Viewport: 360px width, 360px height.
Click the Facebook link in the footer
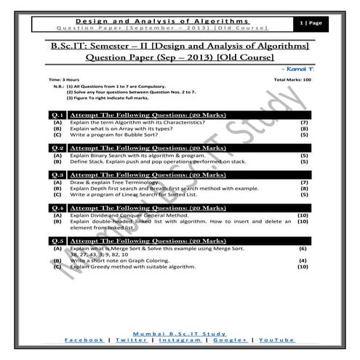click(x=84, y=340)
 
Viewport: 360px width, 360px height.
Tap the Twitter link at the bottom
click(x=131, y=340)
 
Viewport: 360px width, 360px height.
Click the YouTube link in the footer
click(x=276, y=340)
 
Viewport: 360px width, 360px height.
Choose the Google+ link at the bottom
click(x=229, y=340)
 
